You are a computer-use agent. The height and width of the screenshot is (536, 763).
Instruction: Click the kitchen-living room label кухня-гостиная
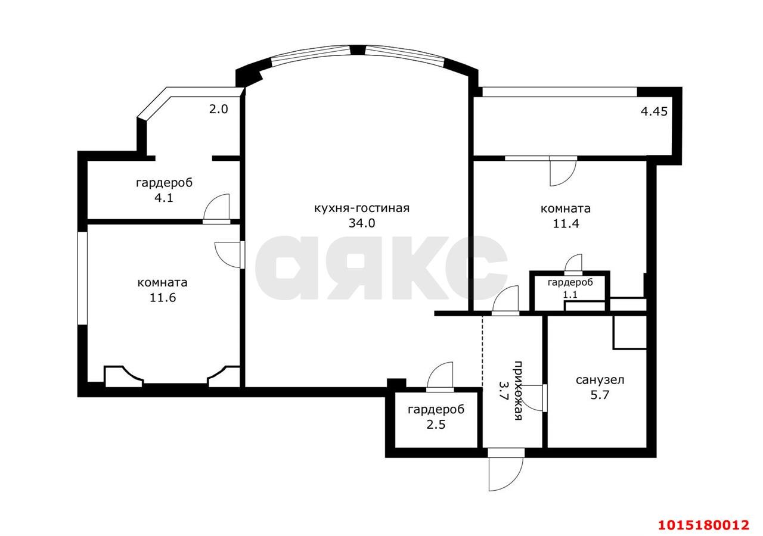362,208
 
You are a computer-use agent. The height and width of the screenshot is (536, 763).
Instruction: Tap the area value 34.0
362,223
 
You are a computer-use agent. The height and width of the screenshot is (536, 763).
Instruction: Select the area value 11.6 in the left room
163,298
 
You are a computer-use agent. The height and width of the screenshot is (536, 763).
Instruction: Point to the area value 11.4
566,223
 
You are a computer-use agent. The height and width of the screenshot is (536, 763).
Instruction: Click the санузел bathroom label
600,380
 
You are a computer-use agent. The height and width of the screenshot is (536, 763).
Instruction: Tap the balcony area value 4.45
654,111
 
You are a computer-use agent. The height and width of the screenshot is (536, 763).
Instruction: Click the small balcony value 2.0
218,109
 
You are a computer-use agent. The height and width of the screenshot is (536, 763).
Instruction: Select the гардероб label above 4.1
164,183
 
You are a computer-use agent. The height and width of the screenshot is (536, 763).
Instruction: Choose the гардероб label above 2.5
436,410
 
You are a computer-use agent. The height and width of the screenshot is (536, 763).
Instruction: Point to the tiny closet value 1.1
570,295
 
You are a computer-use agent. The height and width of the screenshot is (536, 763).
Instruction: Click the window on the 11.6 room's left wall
82,278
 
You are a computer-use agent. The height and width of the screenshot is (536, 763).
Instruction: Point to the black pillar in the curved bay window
358,50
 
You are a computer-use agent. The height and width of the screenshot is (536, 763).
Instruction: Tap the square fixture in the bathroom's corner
629,332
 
